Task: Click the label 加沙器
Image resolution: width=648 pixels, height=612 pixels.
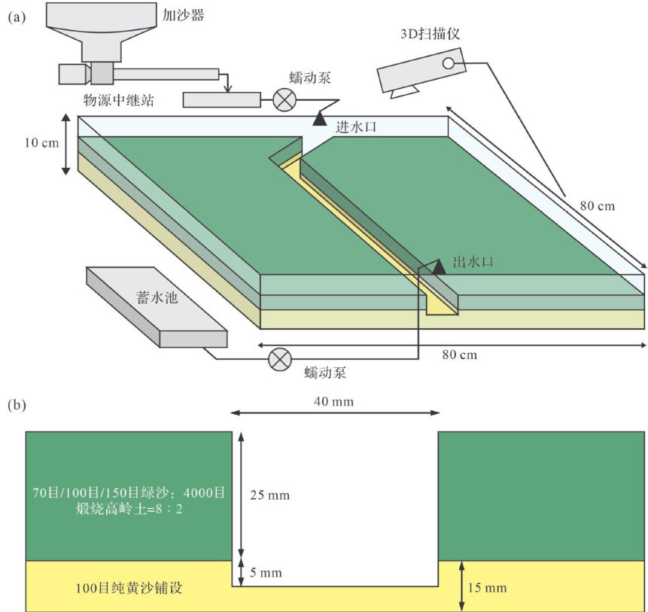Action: tap(183, 15)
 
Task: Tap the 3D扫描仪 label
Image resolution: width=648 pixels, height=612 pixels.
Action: tap(430, 33)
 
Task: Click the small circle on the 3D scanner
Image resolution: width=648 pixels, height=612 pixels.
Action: tap(448, 63)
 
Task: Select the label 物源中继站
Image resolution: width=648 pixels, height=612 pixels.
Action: tap(119, 100)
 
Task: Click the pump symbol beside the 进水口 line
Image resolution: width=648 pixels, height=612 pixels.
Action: tap(284, 99)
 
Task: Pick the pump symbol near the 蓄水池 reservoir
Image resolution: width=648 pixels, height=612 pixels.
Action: tap(280, 359)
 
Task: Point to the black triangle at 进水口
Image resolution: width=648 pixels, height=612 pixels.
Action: tap(319, 119)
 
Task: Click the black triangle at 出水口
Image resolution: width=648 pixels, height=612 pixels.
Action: tap(439, 267)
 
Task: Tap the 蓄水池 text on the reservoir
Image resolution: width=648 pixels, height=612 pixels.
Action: tap(157, 297)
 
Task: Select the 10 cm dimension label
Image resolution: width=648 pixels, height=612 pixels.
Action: tap(41, 143)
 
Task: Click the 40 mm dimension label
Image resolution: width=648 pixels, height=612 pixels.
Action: tap(334, 401)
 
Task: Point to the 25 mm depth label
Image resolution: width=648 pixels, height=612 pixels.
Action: tap(270, 495)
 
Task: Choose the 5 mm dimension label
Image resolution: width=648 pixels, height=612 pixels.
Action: tap(266, 572)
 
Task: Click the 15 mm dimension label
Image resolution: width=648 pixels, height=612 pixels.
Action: tap(487, 587)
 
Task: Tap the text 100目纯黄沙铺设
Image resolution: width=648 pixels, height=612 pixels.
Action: tap(129, 588)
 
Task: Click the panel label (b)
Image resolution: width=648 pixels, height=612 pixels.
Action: tap(17, 404)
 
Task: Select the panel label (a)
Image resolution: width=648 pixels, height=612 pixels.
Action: tap(17, 17)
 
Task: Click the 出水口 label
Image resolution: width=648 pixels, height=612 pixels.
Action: tap(473, 261)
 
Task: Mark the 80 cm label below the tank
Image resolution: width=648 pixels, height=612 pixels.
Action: tap(460, 355)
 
